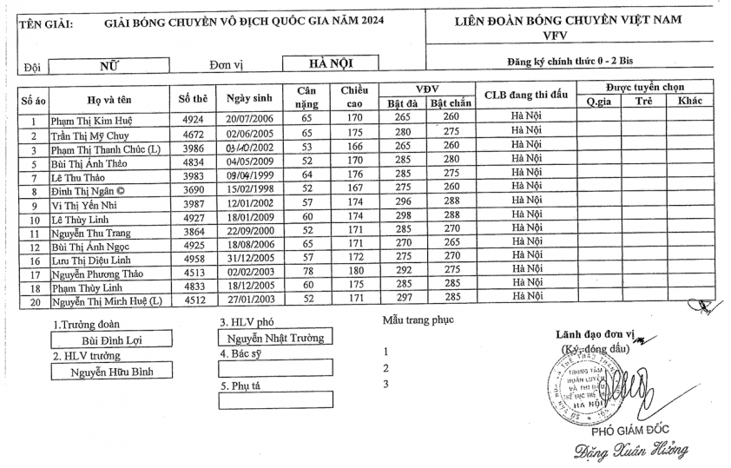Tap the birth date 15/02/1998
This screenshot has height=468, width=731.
(x=250, y=190)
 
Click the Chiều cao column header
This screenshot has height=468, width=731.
(x=354, y=96)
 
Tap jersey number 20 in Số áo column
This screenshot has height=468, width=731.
(x=33, y=300)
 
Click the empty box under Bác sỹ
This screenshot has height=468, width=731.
(x=274, y=368)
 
